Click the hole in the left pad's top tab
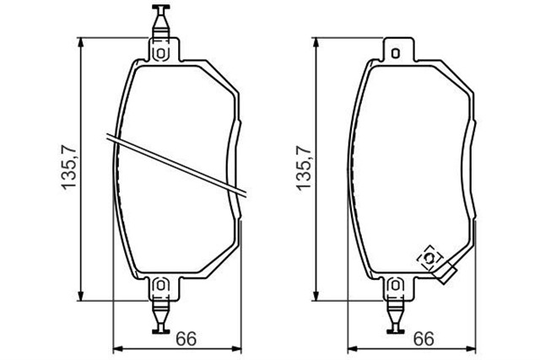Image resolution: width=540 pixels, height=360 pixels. click(x=161, y=52)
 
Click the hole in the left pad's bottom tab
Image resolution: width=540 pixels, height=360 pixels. click(x=161, y=287)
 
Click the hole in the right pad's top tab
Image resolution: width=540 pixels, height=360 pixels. click(x=396, y=52)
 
